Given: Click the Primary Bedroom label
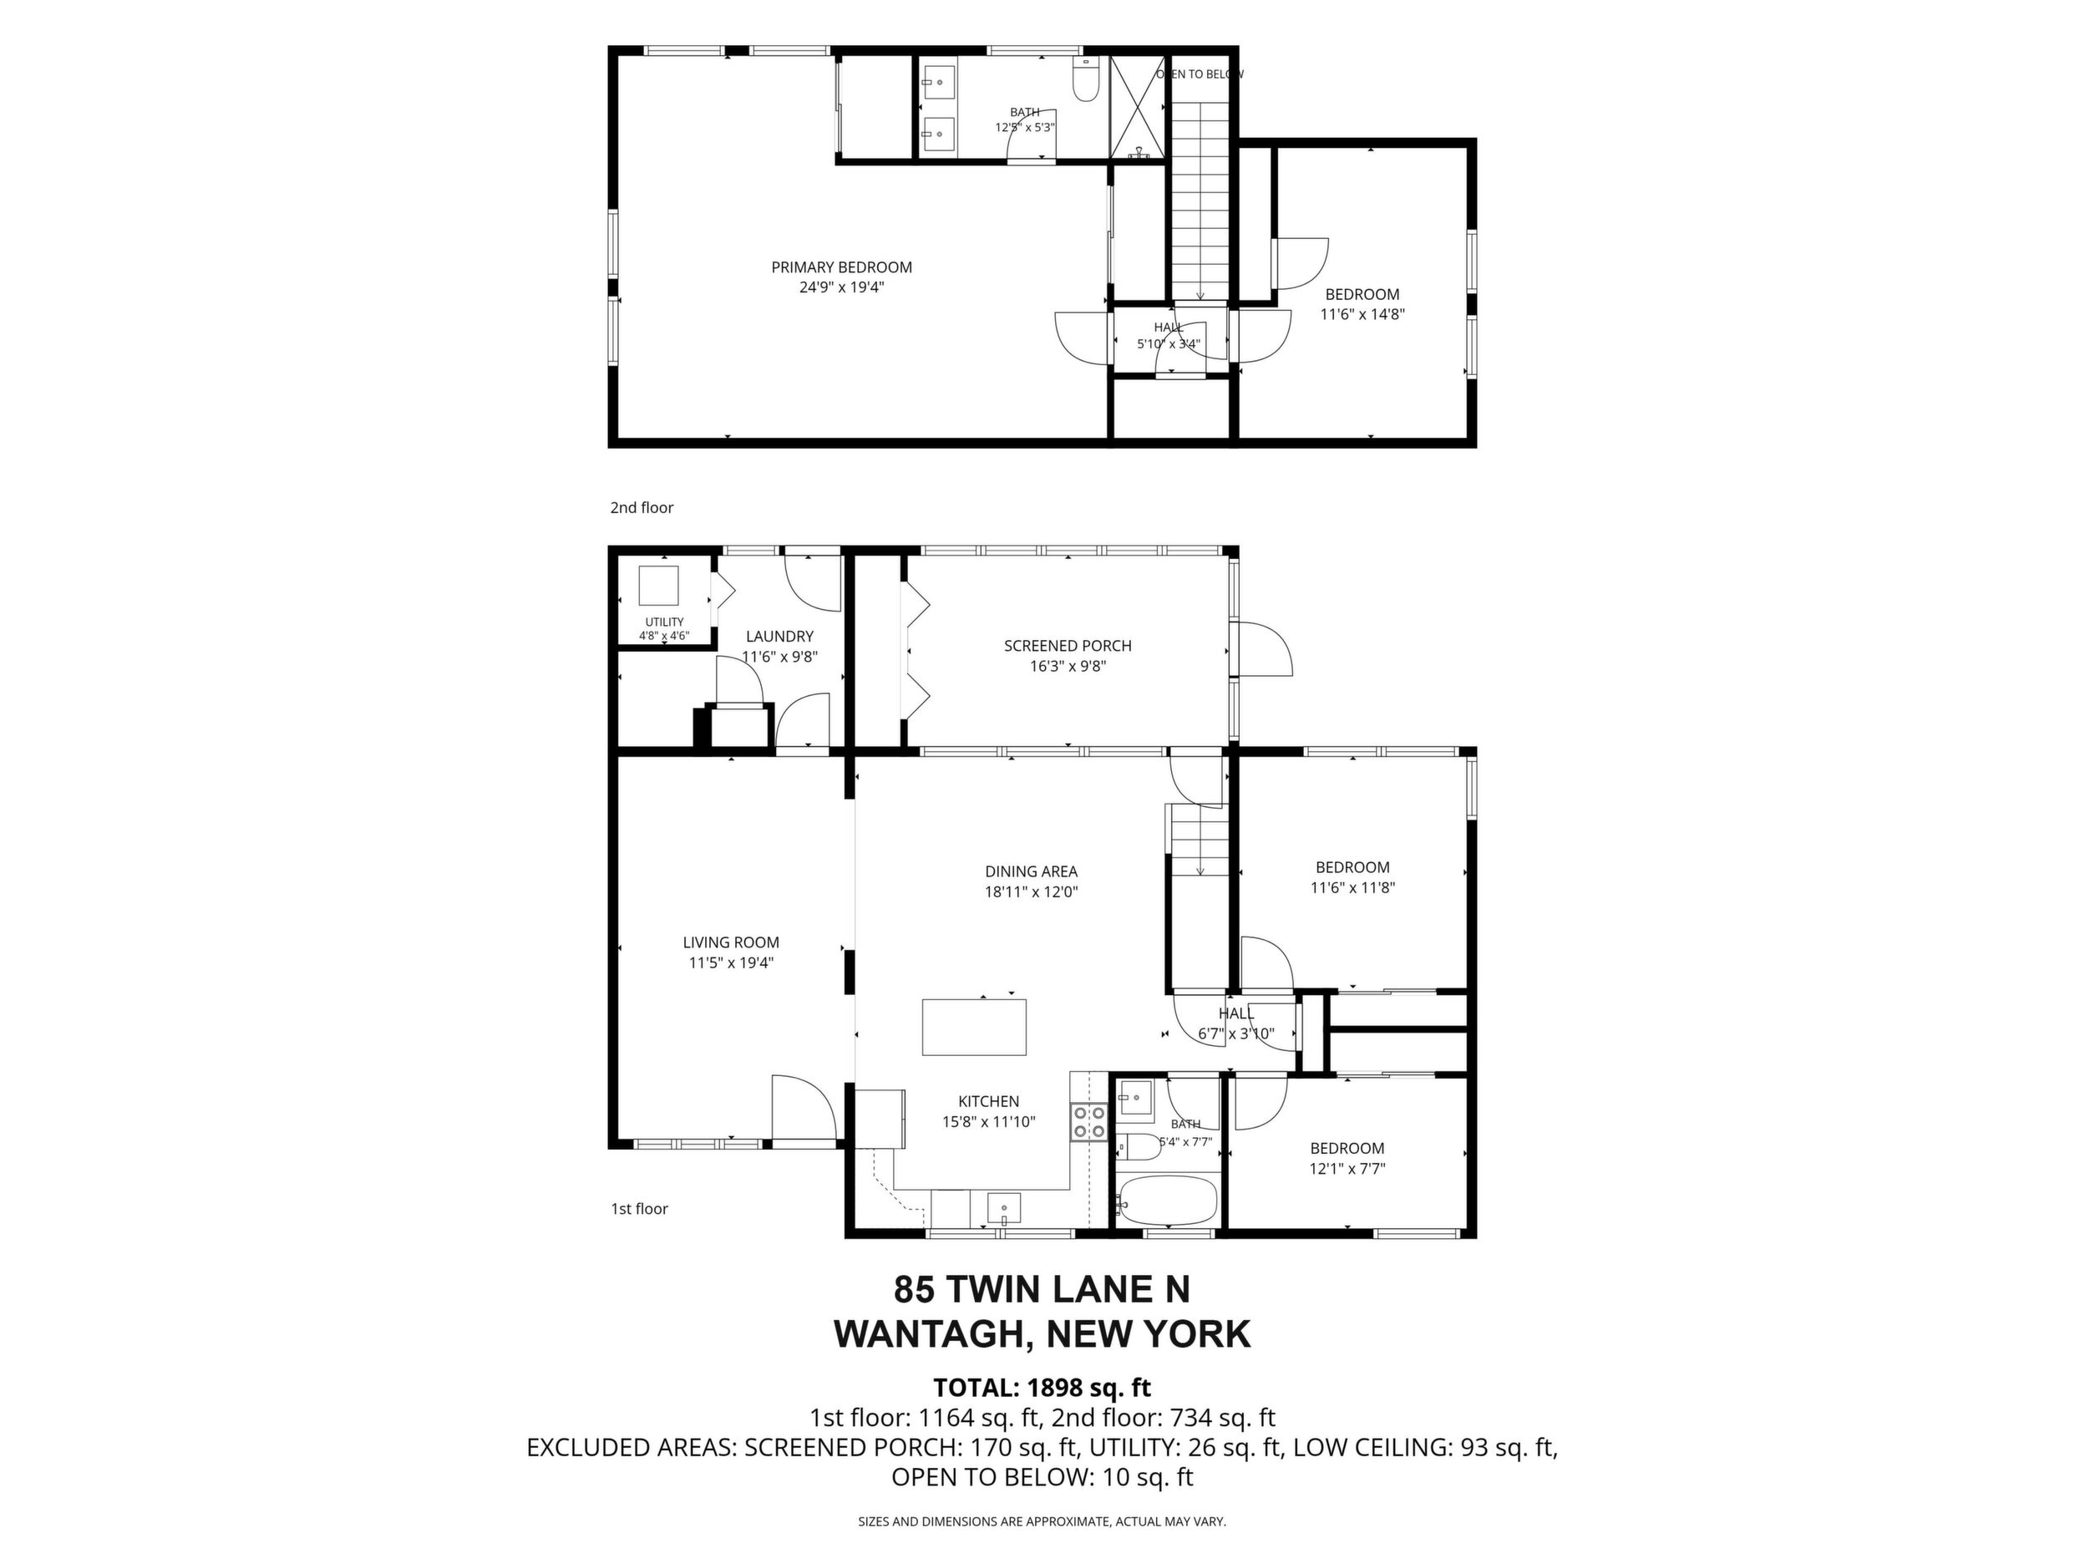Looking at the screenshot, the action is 842,267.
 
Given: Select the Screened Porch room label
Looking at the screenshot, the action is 1067,646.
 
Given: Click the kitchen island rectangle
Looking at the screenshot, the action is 974,1027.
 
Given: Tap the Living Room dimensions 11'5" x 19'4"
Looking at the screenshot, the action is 732,962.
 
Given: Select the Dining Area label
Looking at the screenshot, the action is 1031,871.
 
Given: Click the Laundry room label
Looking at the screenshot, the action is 779,637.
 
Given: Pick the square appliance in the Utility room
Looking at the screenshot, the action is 659,586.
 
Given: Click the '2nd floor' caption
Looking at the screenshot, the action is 642,507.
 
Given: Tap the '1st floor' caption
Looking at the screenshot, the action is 639,1209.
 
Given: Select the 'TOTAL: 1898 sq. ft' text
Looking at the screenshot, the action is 1042,1388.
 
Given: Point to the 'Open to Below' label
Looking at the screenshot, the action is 1200,74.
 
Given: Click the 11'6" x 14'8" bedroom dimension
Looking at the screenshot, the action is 1362,315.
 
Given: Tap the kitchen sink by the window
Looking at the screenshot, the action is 1005,1207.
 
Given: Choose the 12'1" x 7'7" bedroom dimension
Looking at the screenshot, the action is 1347,1169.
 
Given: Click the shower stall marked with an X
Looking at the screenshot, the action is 1139,108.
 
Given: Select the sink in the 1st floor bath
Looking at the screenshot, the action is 1135,1099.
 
